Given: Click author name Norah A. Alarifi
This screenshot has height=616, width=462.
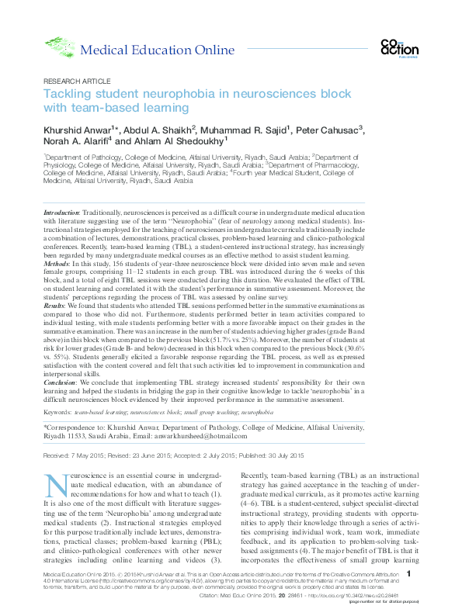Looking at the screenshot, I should tap(75, 141).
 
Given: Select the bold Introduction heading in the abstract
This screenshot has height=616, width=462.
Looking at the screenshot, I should tap(61, 212).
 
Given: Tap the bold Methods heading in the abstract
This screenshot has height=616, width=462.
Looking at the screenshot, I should tap(57, 263).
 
